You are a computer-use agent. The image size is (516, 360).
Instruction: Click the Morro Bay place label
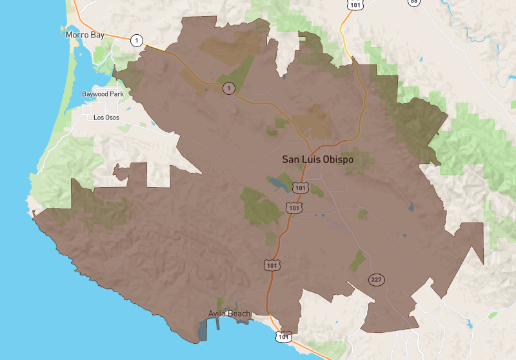(84, 34)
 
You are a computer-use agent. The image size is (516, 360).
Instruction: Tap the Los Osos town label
(107, 117)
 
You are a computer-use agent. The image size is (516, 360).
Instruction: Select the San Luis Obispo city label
(318, 159)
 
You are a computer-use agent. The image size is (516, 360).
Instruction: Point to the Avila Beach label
(229, 314)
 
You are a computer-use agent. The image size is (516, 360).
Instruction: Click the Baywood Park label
(103, 94)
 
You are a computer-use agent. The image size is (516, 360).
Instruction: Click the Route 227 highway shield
(377, 279)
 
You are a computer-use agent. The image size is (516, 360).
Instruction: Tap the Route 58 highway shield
(413, 2)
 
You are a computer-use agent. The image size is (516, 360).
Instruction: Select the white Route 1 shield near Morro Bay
(136, 40)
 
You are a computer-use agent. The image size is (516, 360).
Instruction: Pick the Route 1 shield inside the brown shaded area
(228, 88)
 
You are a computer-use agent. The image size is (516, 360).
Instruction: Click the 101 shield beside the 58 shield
(355, 4)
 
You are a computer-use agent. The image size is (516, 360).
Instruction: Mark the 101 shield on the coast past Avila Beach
(283, 336)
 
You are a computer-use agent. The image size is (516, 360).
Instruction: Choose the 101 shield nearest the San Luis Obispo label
(299, 187)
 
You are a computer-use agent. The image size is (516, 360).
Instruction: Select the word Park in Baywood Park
(116, 94)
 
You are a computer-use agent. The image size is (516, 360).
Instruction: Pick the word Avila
(218, 314)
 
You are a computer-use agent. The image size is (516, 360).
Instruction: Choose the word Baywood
(95, 94)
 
